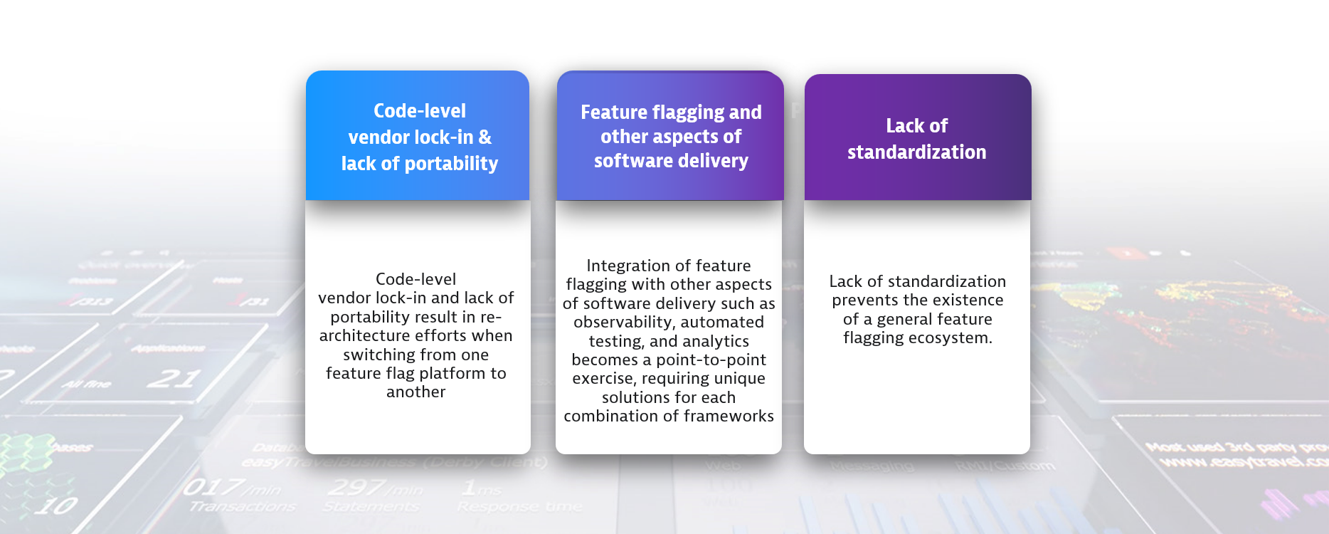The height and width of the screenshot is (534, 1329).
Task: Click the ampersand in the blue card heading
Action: [485, 137]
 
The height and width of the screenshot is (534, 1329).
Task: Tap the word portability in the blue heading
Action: [451, 164]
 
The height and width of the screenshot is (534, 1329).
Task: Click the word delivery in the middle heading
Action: [713, 161]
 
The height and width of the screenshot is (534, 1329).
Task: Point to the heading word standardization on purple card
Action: [916, 152]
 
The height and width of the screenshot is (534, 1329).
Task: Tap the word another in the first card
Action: [415, 392]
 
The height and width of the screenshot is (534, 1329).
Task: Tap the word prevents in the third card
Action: [865, 300]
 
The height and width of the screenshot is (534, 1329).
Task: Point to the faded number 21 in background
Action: [173, 377]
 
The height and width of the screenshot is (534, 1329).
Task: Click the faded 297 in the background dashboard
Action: [356, 488]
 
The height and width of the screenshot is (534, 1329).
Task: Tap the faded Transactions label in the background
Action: [242, 506]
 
